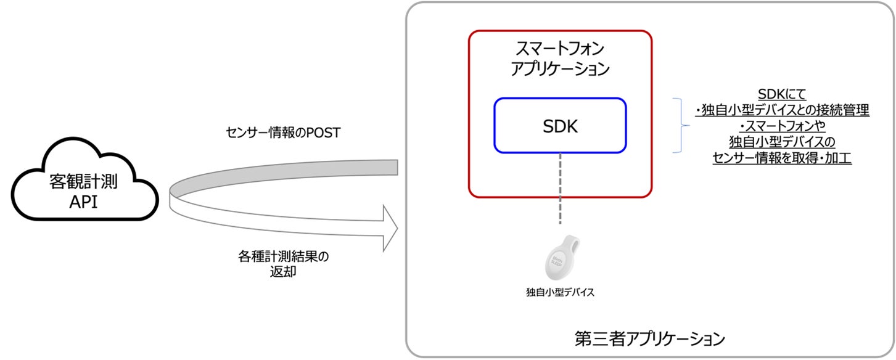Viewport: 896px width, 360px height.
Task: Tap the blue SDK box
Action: tap(560, 125)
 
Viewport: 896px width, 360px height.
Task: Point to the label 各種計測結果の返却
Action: tap(283, 263)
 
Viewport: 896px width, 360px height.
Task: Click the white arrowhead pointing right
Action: tap(388, 229)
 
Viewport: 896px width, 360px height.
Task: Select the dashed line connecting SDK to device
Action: tap(561, 191)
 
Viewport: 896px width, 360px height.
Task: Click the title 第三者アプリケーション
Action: tap(649, 338)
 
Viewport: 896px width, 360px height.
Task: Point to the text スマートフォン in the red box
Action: tap(560, 49)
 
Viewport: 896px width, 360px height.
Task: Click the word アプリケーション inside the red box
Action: tap(560, 68)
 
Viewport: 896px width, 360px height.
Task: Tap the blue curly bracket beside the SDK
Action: tap(681, 126)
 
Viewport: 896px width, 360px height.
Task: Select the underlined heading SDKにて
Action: tap(781, 96)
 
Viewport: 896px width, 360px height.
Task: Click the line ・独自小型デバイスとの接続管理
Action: tap(781, 111)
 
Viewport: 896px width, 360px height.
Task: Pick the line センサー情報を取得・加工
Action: tap(781, 158)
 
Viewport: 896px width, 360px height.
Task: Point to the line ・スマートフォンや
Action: tap(781, 127)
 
